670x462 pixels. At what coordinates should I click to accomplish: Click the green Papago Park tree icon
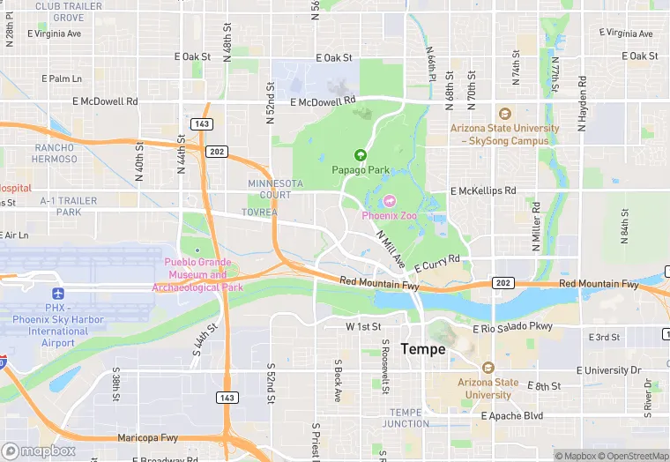(360, 154)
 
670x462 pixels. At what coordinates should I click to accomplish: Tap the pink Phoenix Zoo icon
(389, 201)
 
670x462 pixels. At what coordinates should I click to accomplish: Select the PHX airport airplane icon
(58, 293)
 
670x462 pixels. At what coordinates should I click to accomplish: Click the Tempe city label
(422, 349)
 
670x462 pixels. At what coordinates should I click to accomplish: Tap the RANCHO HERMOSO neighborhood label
(55, 153)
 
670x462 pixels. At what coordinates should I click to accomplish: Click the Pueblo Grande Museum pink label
(197, 274)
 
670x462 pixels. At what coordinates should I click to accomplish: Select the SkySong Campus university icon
(504, 114)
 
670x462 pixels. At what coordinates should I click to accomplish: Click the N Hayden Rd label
(583, 103)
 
